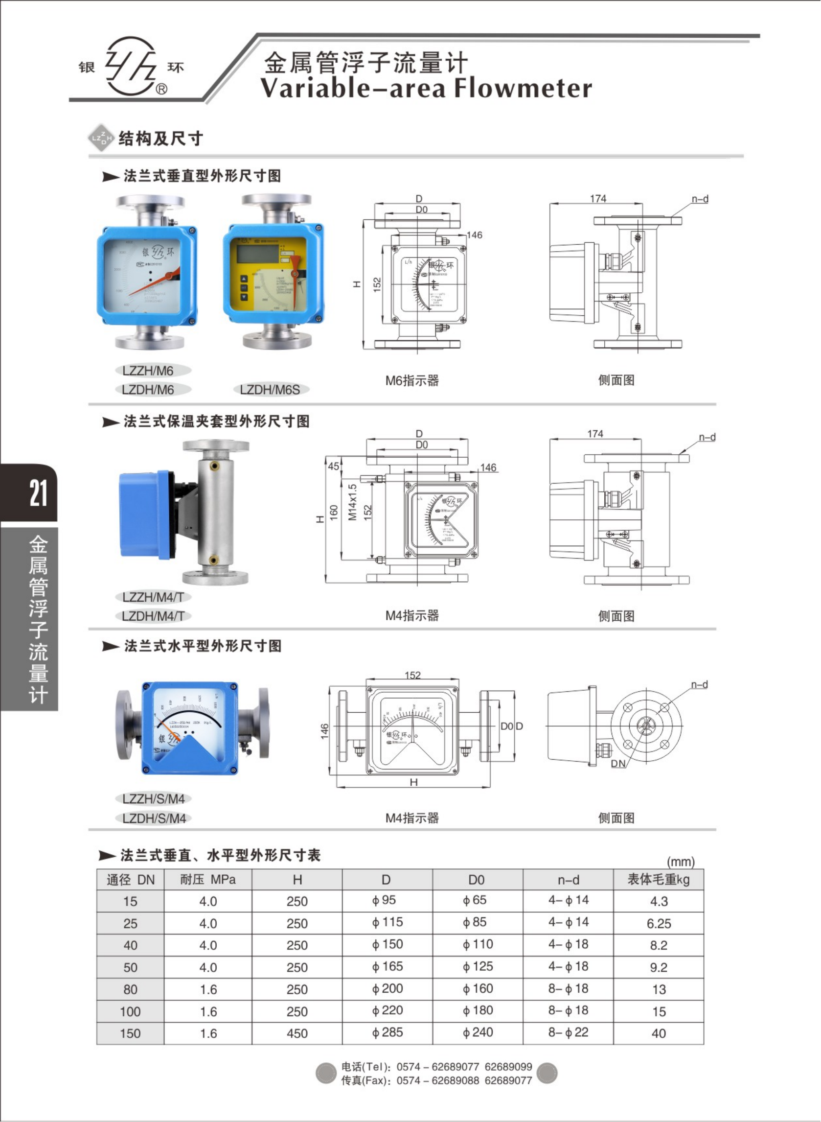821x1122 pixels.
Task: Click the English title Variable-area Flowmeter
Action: pos(426,89)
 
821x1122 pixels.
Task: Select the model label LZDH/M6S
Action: pos(270,390)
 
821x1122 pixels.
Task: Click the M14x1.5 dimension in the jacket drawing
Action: pos(352,502)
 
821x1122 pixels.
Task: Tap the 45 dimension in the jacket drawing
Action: pos(334,467)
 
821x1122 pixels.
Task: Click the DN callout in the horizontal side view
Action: pos(618,764)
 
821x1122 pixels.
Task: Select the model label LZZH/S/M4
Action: pos(154,799)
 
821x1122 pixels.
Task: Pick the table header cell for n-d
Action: pos(568,880)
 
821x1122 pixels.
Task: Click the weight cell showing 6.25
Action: pos(659,924)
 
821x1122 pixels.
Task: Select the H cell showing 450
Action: pos(296,1033)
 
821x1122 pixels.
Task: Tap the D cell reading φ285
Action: pos(387,1032)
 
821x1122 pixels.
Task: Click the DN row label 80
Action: pos(130,989)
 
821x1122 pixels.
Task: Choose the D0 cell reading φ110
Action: pos(478,944)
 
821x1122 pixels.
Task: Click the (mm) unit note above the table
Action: pos(681,862)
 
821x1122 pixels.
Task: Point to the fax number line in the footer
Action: pos(436,1080)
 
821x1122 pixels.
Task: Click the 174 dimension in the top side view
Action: pos(598,198)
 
